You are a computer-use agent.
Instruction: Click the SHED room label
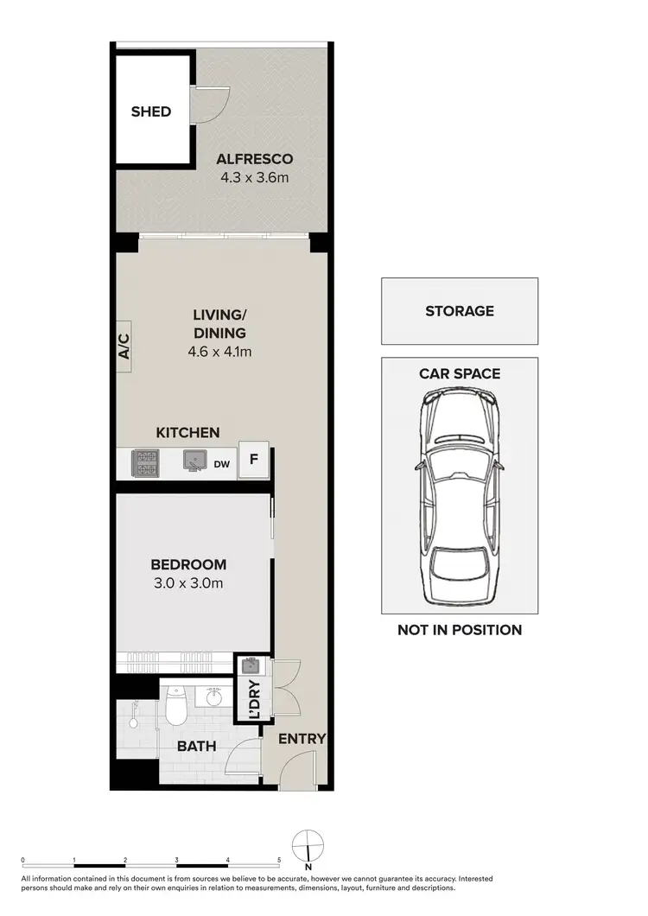tap(151, 111)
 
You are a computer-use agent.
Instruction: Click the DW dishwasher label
tap(222, 464)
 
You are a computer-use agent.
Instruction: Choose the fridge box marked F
tap(254, 460)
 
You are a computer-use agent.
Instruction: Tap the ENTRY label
tap(302, 739)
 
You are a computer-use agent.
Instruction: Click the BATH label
tap(196, 746)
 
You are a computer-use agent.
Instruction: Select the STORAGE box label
tap(460, 311)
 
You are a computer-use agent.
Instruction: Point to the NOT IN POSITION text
tap(460, 630)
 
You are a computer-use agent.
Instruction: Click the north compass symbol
tap(308, 844)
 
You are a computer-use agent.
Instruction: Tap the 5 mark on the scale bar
tap(279, 861)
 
